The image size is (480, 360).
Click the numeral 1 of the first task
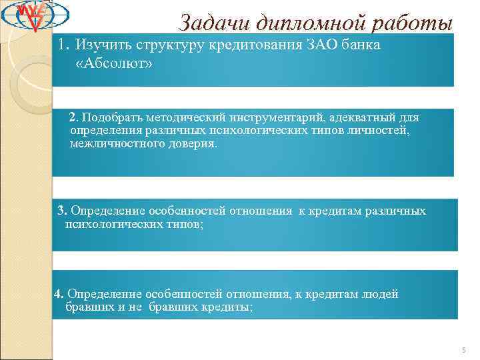coord(63,45)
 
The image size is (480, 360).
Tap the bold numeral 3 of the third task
coord(62,211)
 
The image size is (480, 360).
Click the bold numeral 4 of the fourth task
coord(59,294)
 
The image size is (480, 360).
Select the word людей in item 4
coord(383,294)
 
